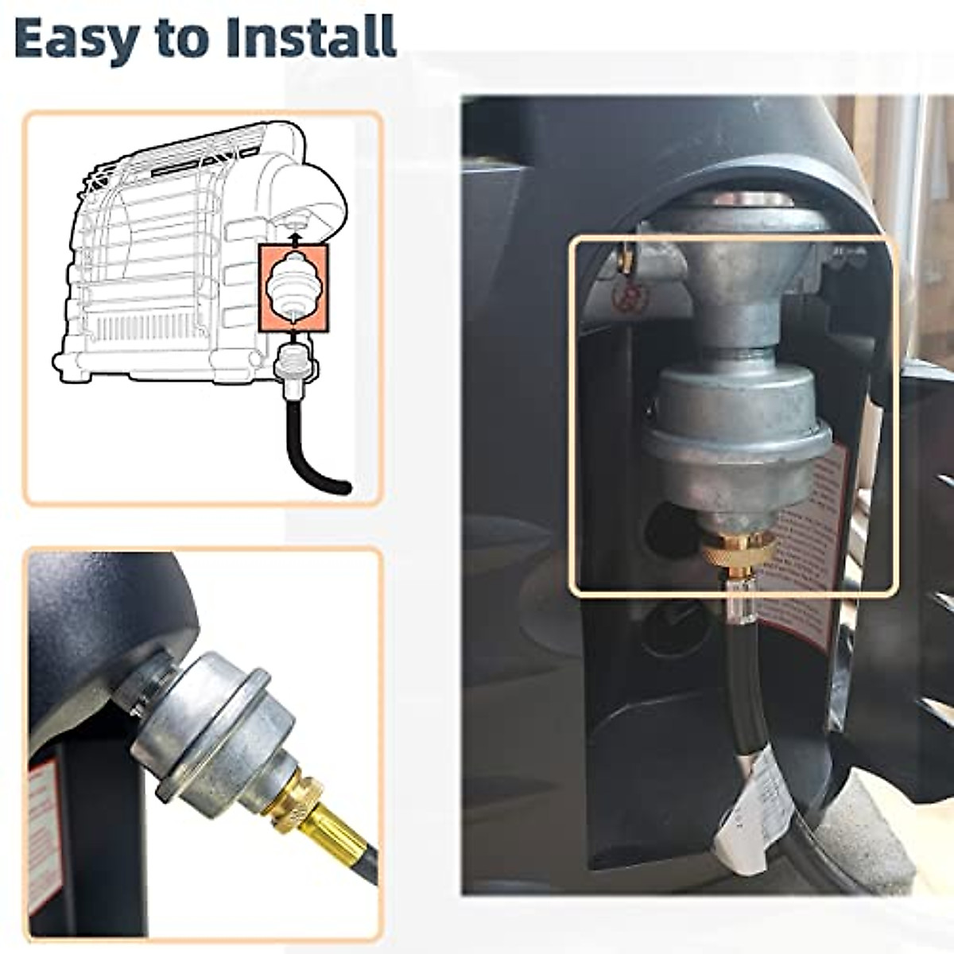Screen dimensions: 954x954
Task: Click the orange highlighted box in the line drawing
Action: (x=293, y=288)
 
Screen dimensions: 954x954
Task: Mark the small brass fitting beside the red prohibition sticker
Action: (x=626, y=259)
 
